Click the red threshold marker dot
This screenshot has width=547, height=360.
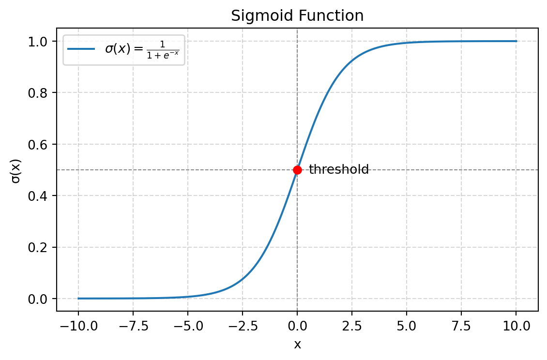click(x=297, y=170)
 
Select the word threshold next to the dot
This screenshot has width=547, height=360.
click(x=339, y=170)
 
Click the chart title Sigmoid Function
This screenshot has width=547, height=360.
click(x=297, y=16)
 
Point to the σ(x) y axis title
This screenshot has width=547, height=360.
click(x=16, y=170)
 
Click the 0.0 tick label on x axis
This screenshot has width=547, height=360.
click(x=297, y=325)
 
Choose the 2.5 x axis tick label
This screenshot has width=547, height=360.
click(x=352, y=325)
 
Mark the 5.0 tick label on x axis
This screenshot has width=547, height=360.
click(x=407, y=325)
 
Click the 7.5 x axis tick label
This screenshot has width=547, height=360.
click(x=461, y=325)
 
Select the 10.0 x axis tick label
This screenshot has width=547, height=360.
click(x=516, y=325)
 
